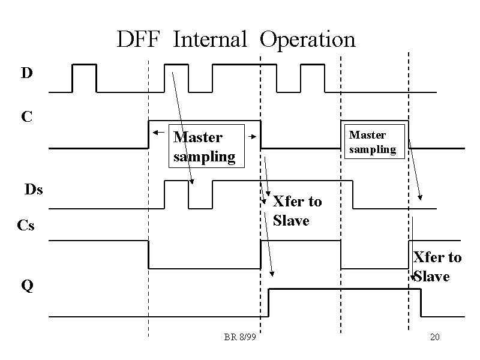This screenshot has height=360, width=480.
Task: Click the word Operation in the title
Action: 308,41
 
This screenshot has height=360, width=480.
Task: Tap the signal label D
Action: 26,73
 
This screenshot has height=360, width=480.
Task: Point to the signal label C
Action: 26,116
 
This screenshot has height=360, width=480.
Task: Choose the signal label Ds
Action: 34,190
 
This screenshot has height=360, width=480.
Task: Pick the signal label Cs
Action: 26,226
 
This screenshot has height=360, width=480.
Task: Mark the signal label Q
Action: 27,286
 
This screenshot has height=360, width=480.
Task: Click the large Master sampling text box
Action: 206,146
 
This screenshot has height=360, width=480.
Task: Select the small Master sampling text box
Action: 373,142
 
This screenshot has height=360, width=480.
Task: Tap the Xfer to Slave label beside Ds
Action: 296,211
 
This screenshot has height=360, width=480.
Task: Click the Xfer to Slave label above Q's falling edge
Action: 437,266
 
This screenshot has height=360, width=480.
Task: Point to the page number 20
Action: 435,337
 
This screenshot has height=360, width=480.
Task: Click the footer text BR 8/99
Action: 240,337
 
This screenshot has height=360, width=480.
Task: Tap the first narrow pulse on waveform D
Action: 84,65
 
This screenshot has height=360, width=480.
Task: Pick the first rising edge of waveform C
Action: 148,134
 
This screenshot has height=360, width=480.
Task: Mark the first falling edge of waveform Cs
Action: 148,254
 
